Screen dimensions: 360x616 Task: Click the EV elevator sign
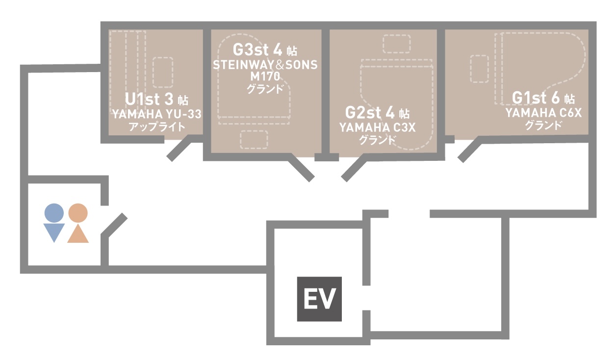[x=319, y=299]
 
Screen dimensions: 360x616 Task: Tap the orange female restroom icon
[x=78, y=223]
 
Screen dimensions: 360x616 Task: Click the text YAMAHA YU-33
[x=156, y=115]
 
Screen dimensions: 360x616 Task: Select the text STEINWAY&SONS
[x=265, y=65]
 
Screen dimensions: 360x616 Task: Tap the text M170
[x=265, y=77]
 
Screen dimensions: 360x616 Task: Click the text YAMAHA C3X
[x=377, y=128]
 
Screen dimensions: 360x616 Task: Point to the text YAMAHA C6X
[x=543, y=114]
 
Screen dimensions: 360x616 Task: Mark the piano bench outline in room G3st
[x=254, y=140]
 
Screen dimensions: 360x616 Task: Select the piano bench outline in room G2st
[x=396, y=44]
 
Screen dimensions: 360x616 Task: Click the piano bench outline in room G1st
[x=479, y=68]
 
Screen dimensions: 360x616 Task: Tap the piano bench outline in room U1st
[x=163, y=72]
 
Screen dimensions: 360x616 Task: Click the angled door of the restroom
[x=115, y=226]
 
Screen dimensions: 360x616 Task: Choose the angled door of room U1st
[x=179, y=149]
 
